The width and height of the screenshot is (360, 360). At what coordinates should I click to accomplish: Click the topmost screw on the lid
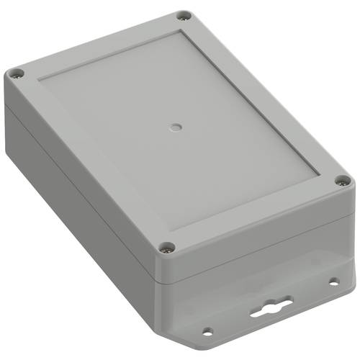[x=184, y=15]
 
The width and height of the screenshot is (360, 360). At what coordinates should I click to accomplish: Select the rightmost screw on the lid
[x=341, y=181]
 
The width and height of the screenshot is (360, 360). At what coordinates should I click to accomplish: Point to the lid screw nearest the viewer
[x=167, y=247]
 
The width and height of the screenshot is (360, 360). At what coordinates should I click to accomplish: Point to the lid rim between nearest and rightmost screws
[x=256, y=216]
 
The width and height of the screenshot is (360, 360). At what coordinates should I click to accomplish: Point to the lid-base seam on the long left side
[x=79, y=177]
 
